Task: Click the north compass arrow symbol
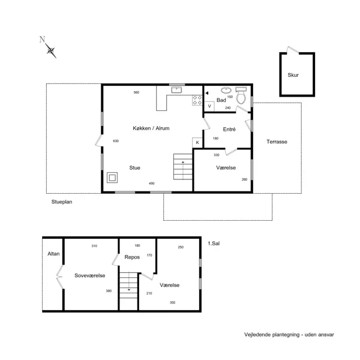tap(50, 50)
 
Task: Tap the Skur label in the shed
tap(293, 75)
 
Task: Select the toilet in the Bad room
tap(241, 99)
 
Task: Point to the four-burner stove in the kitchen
tap(197, 100)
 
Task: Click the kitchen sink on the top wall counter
tap(177, 90)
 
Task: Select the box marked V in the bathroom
tap(209, 106)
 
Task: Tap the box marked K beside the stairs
tap(197, 142)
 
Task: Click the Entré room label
tap(229, 129)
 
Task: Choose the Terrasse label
tap(277, 142)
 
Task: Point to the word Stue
tap(135, 168)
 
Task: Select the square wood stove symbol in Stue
tap(112, 178)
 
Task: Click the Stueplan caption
tap(62, 203)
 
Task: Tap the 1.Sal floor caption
tap(214, 243)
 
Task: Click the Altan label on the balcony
tap(53, 254)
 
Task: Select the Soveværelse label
tap(90, 275)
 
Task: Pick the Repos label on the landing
tap(132, 257)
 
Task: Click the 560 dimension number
tap(136, 92)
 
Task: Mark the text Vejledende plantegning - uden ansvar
tap(289, 334)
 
